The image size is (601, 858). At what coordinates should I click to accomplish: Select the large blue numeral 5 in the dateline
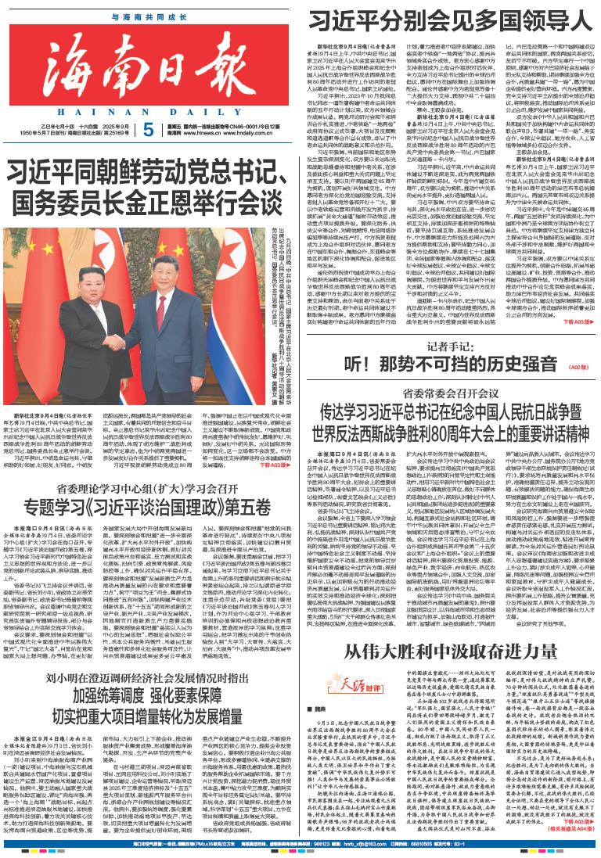coord(149,130)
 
